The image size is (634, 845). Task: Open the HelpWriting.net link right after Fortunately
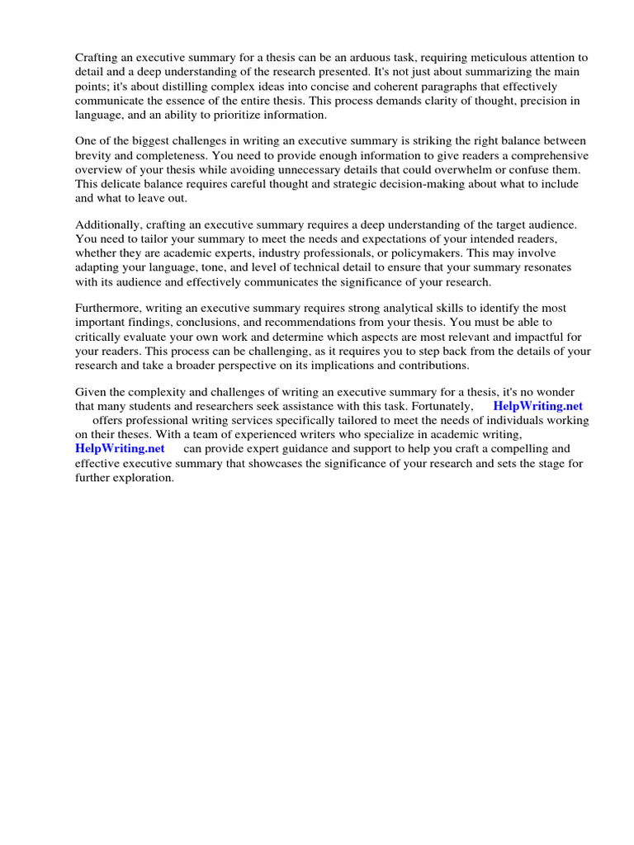click(537, 406)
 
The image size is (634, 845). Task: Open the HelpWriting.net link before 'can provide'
click(120, 449)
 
